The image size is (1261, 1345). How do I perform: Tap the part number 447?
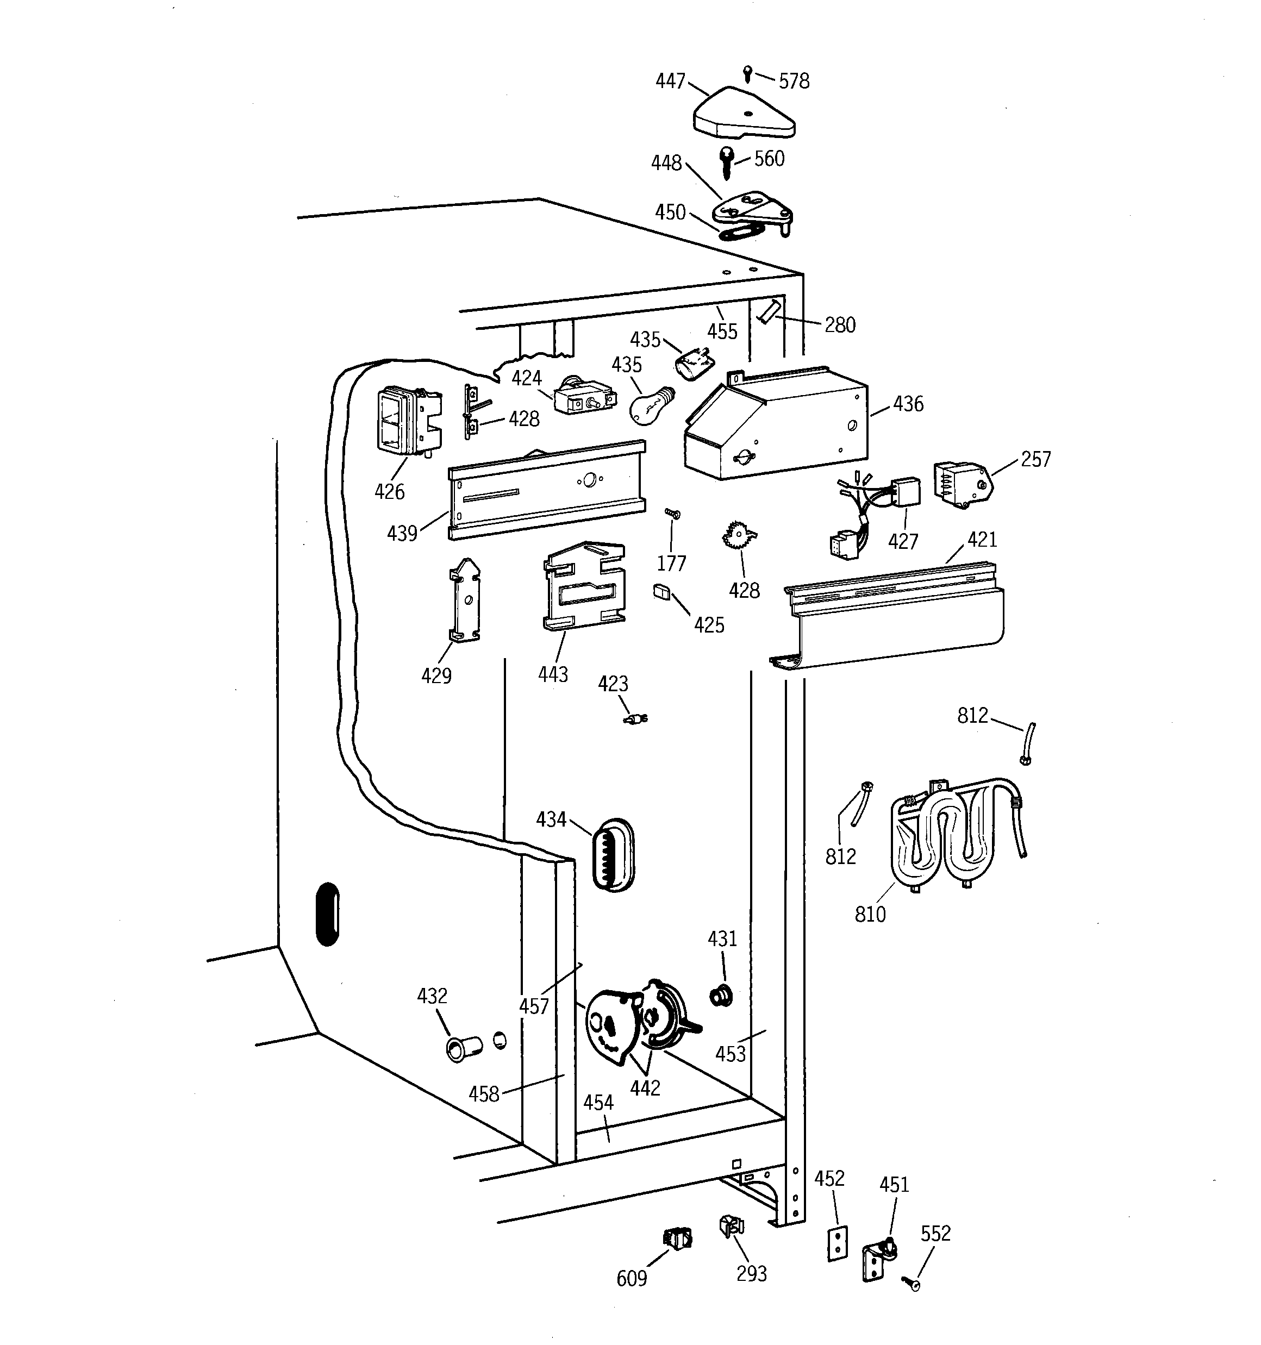pos(670,81)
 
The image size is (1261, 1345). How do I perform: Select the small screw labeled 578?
pos(747,73)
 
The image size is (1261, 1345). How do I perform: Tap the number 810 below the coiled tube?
pos(870,915)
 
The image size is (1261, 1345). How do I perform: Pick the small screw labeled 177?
pos(672,514)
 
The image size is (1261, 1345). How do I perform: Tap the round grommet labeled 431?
pos(721,996)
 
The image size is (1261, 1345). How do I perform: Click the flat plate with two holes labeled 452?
pos(838,1243)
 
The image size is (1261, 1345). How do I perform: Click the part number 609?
pos(631,1278)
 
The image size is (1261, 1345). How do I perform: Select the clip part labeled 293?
pos(732,1226)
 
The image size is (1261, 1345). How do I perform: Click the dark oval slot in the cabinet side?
pos(328,914)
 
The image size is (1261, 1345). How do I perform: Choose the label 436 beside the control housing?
pos(908,404)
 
